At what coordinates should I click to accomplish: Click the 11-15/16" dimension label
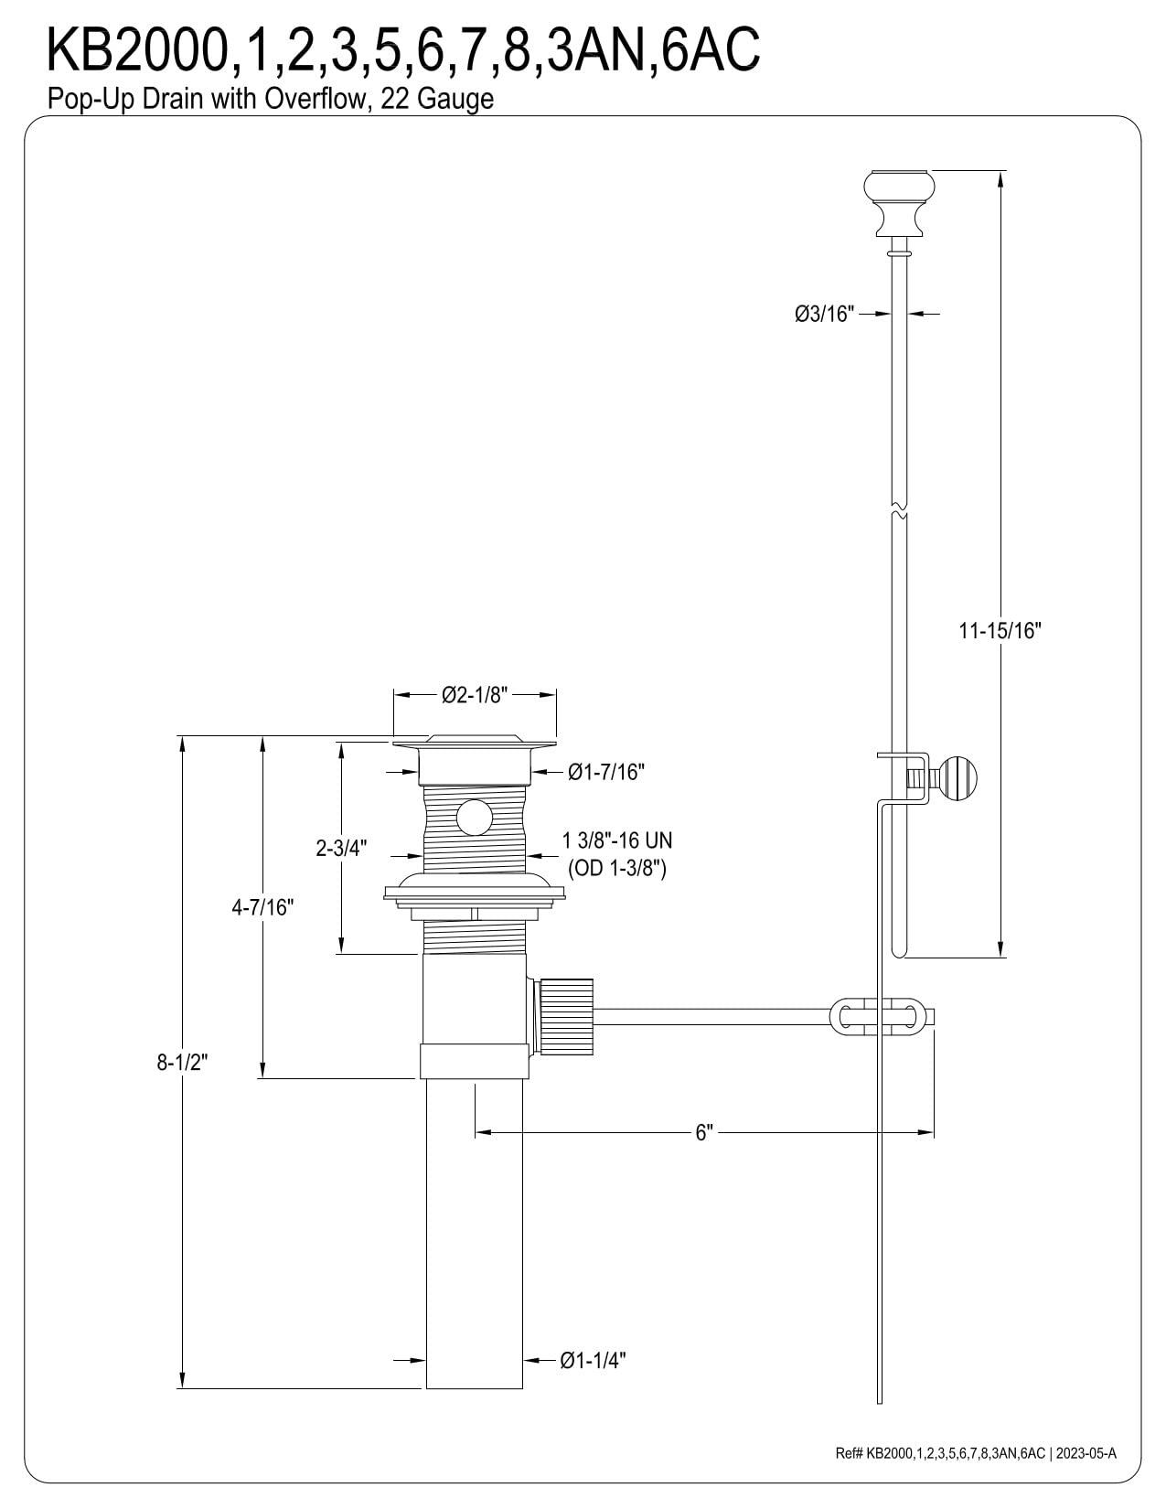(1000, 630)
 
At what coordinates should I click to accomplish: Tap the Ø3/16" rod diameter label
(825, 314)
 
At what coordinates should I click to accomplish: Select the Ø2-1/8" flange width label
(475, 695)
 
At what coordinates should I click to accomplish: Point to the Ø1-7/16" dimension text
(606, 772)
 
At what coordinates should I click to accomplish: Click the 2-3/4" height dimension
(342, 848)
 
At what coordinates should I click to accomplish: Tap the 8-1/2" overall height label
(183, 1062)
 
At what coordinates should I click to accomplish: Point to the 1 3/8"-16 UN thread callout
(617, 841)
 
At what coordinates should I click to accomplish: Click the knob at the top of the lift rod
(900, 203)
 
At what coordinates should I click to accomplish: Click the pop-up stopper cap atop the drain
(474, 740)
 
